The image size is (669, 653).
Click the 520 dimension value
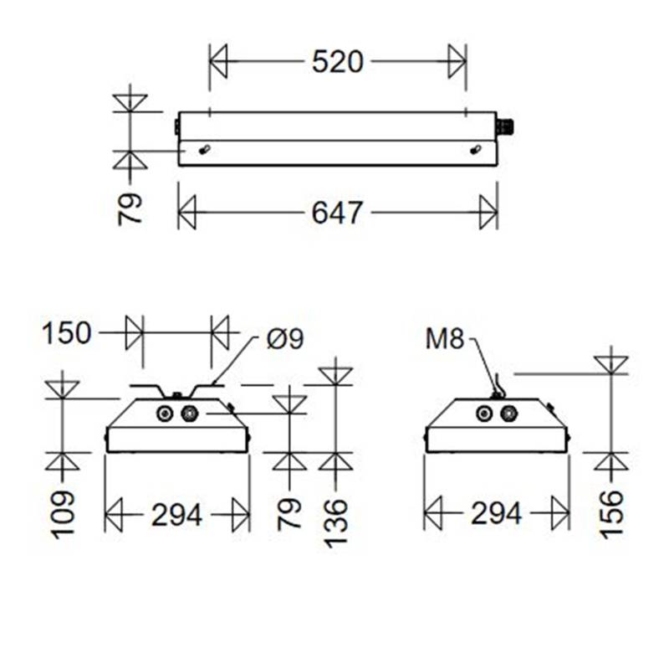coord(338,61)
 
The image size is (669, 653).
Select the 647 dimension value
coord(338,213)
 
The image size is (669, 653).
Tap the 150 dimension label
coord(66,333)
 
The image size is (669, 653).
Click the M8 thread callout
coord(444,338)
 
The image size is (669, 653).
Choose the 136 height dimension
coord(335,522)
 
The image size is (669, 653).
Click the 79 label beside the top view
coord(130,209)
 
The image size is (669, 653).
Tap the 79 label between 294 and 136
coord(289,511)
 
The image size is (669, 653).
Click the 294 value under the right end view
coord(496,514)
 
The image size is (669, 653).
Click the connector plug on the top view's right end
coord(506,127)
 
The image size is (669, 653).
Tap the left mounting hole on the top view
coord(205,150)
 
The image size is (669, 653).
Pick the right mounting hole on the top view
coord(475,150)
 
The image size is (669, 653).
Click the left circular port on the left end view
coord(165,414)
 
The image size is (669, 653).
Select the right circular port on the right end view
coord(508,414)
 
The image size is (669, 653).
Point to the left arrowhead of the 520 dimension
coord(218,62)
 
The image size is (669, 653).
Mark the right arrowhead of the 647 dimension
coord(488,213)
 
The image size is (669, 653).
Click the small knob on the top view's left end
coord(176,127)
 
